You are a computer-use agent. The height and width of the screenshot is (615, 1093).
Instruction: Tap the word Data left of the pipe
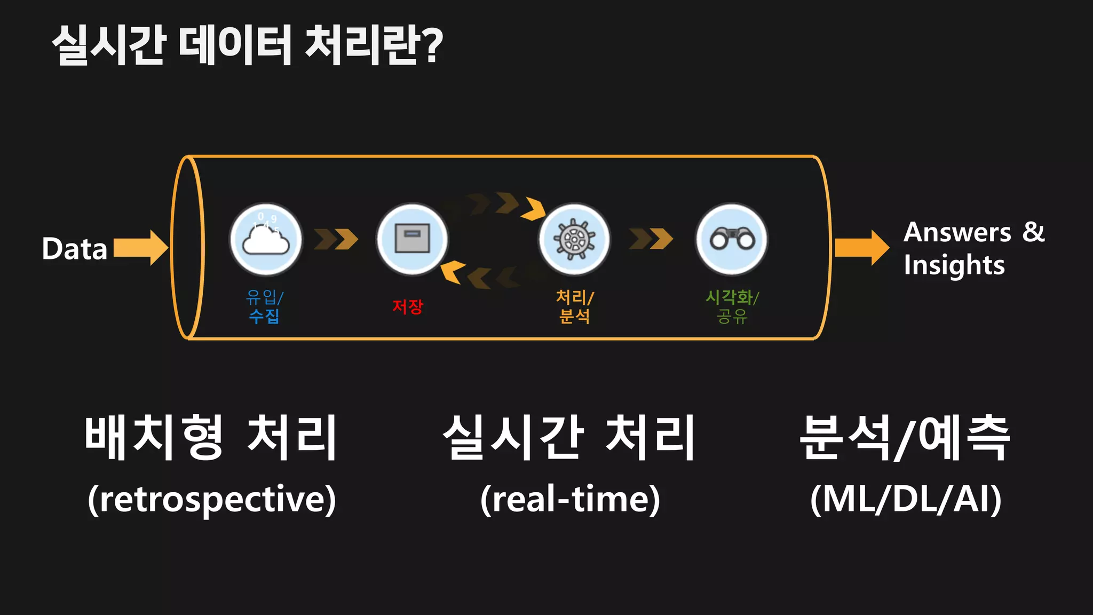[x=75, y=249]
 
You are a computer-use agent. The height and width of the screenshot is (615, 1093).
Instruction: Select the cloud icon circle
[x=266, y=240]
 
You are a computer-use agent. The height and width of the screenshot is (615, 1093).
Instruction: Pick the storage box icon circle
[x=412, y=239]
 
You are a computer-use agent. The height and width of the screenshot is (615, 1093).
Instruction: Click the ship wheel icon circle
[x=574, y=239]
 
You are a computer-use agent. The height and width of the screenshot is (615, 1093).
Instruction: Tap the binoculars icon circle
[x=732, y=239]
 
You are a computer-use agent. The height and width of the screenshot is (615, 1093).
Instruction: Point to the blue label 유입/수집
[x=264, y=306]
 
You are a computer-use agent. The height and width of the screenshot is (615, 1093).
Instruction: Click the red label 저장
[x=408, y=306]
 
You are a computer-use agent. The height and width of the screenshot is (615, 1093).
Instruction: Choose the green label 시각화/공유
[x=732, y=306]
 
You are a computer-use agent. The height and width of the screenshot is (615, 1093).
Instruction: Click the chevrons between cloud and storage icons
[x=336, y=239]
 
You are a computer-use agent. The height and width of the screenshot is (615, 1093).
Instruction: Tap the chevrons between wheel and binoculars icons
[x=651, y=239]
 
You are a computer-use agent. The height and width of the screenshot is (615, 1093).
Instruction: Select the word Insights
[x=954, y=265]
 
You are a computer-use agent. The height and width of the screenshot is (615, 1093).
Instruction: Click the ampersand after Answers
[x=1034, y=232]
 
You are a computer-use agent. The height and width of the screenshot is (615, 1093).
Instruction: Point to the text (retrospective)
[x=212, y=499]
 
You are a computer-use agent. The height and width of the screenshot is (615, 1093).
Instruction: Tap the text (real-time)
[x=570, y=499]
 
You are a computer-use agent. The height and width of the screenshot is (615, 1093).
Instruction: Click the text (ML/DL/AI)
[x=906, y=499]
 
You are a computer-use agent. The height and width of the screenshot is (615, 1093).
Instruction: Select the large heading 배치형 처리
[x=211, y=437]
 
